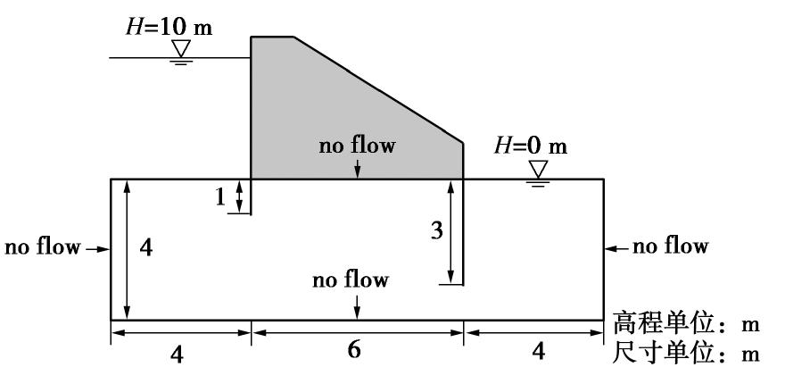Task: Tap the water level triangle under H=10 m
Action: pos(182,47)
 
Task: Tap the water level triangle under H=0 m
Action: pos(538,168)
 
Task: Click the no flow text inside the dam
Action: pos(357,146)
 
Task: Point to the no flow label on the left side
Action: pos(43,246)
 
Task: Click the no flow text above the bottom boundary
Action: pos(351,280)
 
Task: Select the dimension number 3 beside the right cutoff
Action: pos(436,232)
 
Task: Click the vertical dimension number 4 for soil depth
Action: pos(146,249)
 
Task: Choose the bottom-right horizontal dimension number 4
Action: pos(535,352)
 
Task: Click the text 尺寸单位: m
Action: pos(685,353)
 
